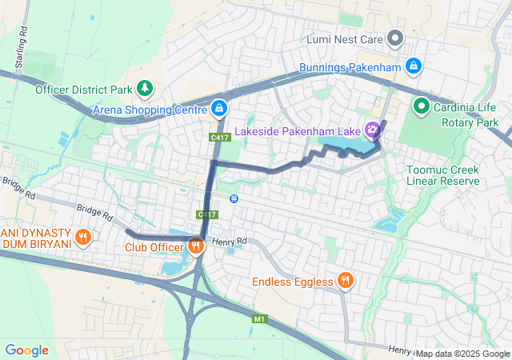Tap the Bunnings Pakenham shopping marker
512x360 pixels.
coord(413,66)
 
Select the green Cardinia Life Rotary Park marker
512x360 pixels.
coord(421,106)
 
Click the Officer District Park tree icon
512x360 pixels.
coord(145,88)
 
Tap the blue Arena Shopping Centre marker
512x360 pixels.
coord(219,108)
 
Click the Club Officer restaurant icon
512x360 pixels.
coord(196,246)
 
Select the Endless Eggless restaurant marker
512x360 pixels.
coord(346,281)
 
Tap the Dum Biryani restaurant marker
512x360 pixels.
coord(82,237)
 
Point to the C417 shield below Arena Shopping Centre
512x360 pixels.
coord(221,138)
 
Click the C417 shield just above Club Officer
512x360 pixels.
coord(207,214)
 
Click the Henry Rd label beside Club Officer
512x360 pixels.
coord(230,241)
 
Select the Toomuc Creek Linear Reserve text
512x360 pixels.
coord(442,175)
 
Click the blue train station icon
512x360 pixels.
coord(234,198)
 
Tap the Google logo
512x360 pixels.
coord(26,350)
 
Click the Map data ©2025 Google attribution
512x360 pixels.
coord(462,354)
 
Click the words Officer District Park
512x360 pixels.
coord(83,89)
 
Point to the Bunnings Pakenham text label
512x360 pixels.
coord(349,66)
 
